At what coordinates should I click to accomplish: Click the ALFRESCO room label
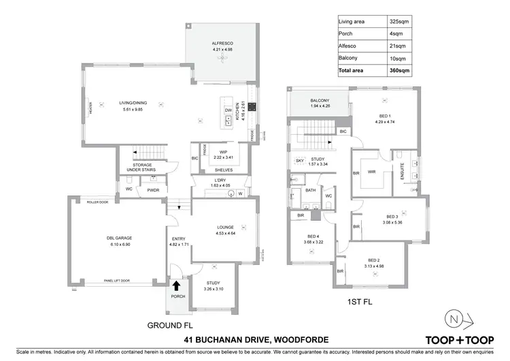[222, 44]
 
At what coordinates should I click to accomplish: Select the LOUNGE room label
[225, 230]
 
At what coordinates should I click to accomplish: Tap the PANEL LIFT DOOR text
[117, 280]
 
